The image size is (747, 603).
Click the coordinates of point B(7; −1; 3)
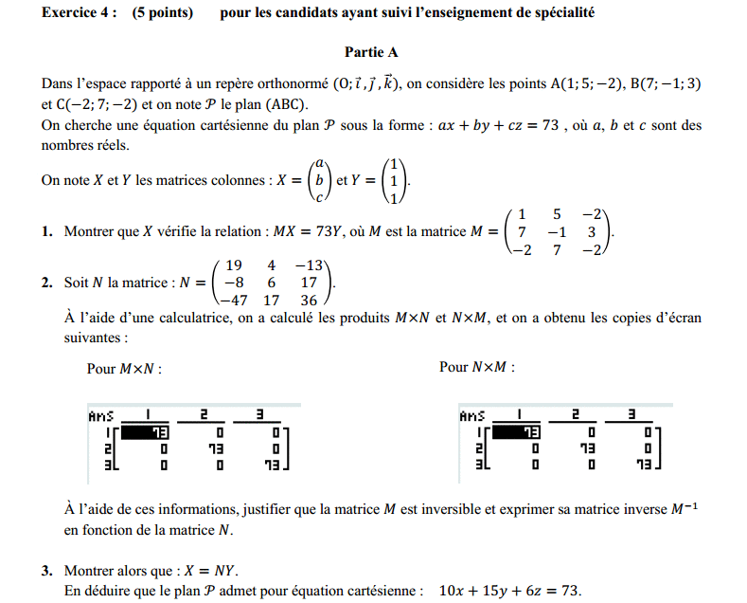[666, 83]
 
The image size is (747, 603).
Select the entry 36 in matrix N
[309, 301]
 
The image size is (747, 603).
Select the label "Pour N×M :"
[477, 367]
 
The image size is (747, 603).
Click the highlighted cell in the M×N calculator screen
[149, 431]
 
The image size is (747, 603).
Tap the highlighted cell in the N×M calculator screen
[520, 431]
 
